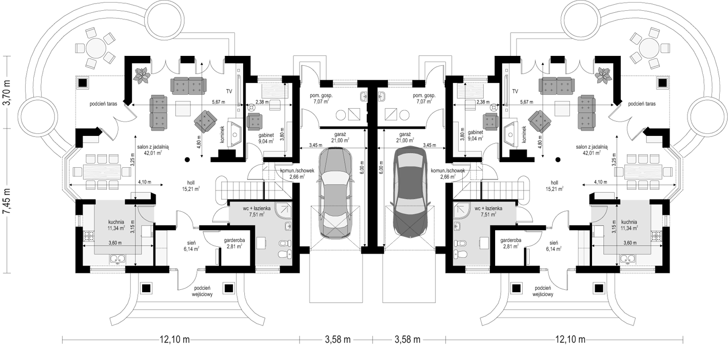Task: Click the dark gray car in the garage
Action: point(410,192)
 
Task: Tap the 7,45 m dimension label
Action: point(7,201)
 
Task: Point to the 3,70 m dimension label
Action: point(7,92)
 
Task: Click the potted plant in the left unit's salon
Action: point(142,75)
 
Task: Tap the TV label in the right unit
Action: point(515,92)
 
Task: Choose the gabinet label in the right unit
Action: point(476,132)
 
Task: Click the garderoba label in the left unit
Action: point(234,241)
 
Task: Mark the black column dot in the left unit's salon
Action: point(187,159)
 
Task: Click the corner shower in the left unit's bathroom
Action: point(283,210)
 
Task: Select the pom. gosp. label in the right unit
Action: point(424,96)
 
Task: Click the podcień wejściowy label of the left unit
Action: point(203,291)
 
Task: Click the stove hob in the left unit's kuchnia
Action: point(89,236)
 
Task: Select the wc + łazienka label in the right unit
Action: point(488,208)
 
